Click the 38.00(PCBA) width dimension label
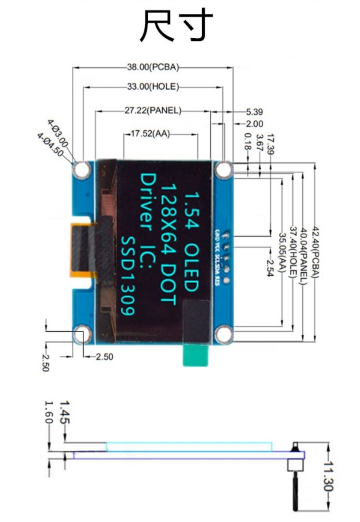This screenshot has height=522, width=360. (x=153, y=67)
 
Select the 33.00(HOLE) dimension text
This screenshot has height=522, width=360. (x=153, y=87)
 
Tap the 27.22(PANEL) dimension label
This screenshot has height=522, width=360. (x=153, y=111)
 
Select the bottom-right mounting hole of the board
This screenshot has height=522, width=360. (x=223, y=334)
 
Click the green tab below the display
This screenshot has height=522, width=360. (x=197, y=357)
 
